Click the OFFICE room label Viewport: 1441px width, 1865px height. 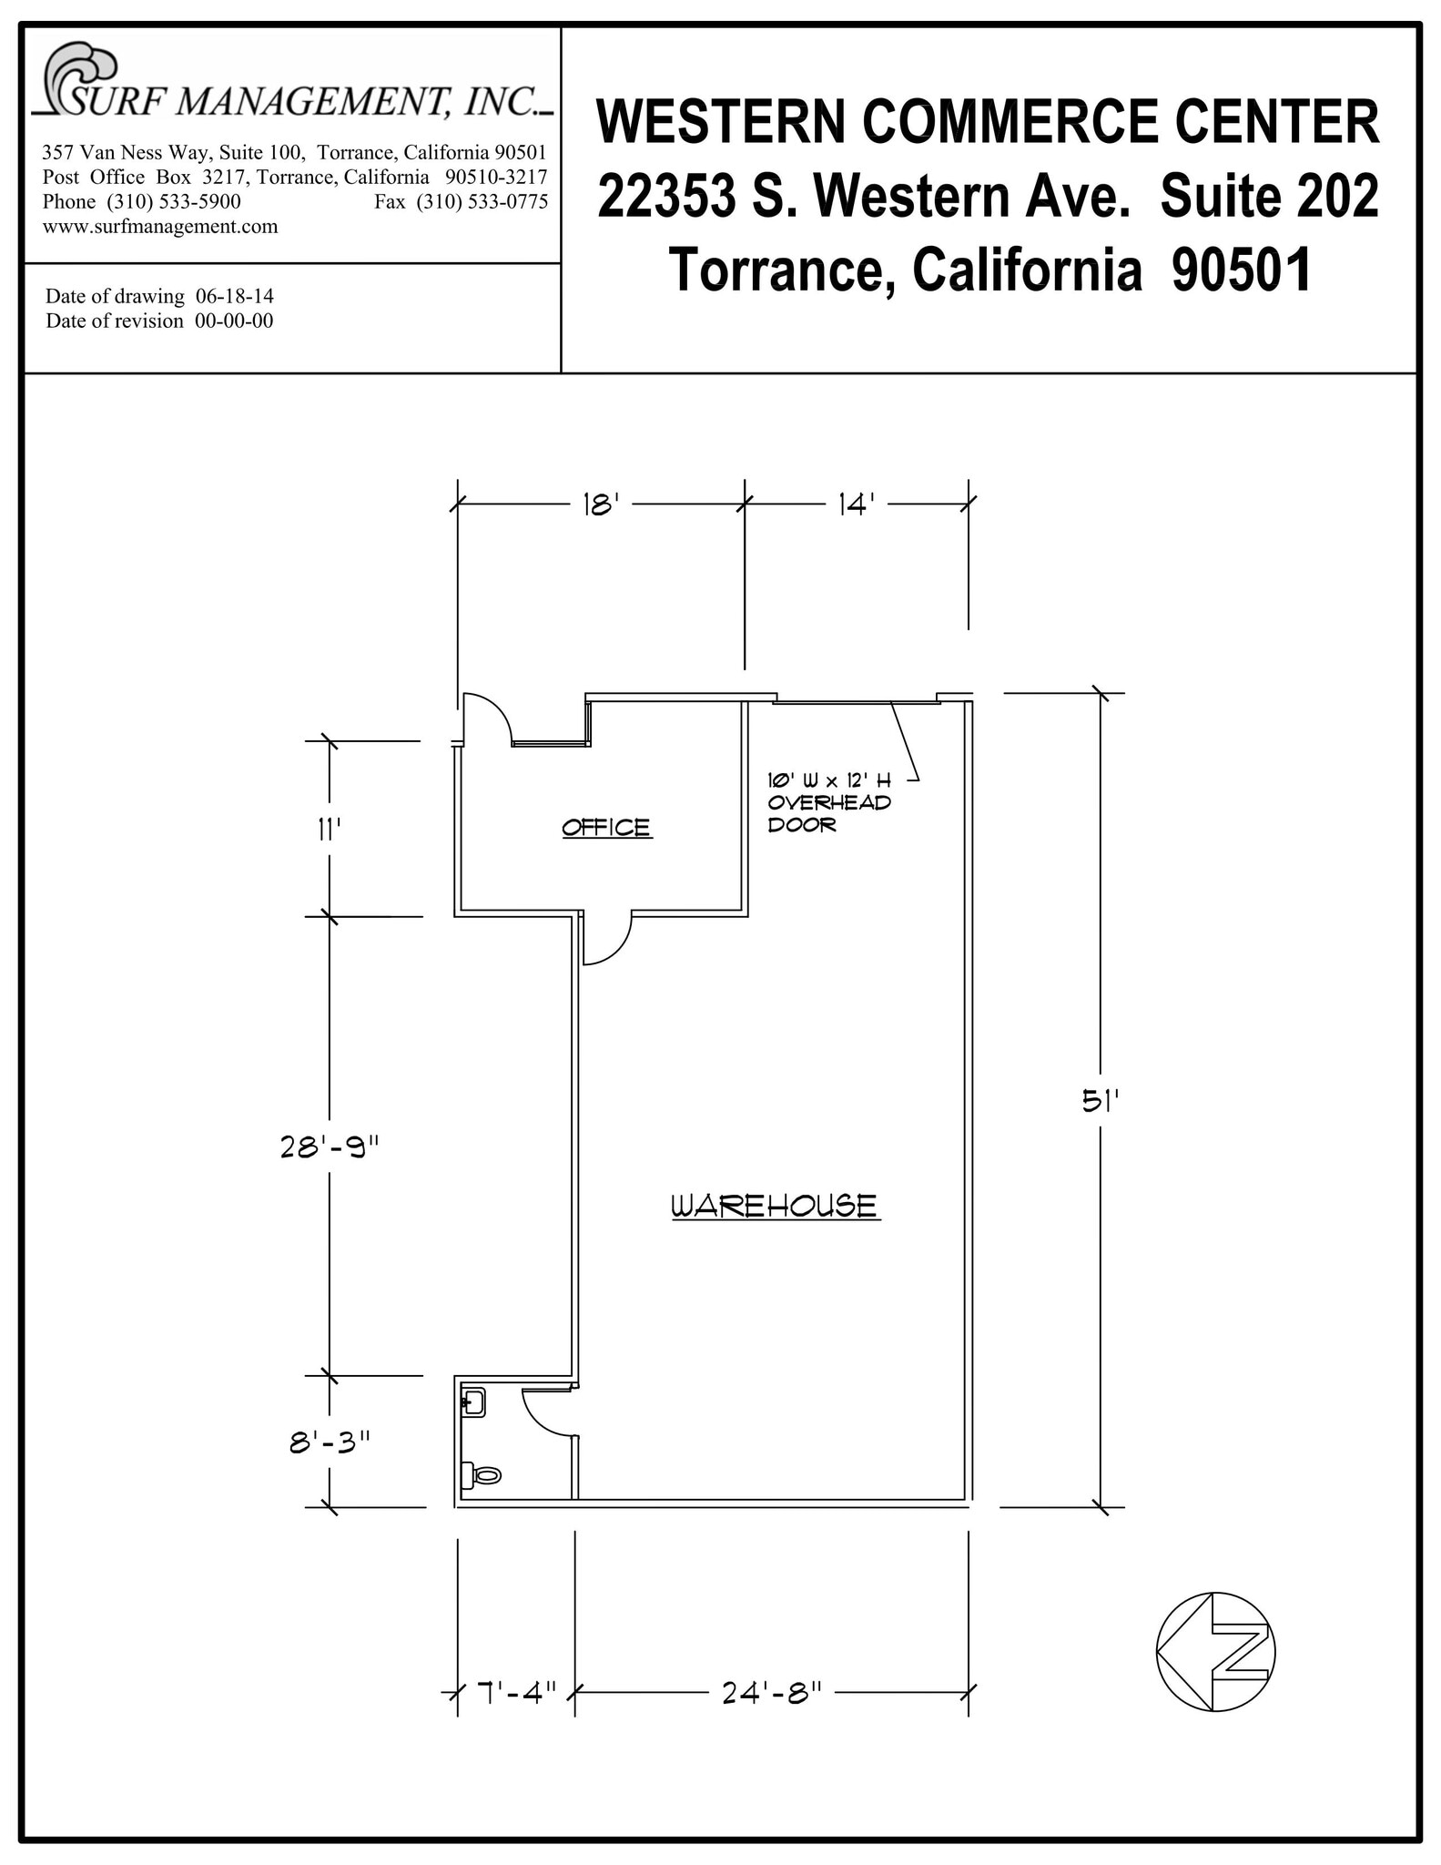[606, 827]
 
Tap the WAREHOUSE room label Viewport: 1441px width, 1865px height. [775, 1206]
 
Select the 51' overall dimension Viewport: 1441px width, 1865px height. [1100, 1102]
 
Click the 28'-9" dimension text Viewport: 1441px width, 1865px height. [329, 1147]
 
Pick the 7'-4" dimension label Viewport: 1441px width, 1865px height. [516, 1693]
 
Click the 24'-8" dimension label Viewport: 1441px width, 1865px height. [772, 1693]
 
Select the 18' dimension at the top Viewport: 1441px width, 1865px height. [601, 504]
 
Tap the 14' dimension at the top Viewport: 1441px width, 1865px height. [856, 504]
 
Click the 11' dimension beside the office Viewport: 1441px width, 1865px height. [329, 830]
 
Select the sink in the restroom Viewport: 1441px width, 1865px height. [473, 1403]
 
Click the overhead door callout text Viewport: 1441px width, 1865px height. [828, 802]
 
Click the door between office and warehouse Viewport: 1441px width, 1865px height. [605, 938]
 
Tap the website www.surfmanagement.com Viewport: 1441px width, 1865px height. [160, 226]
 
